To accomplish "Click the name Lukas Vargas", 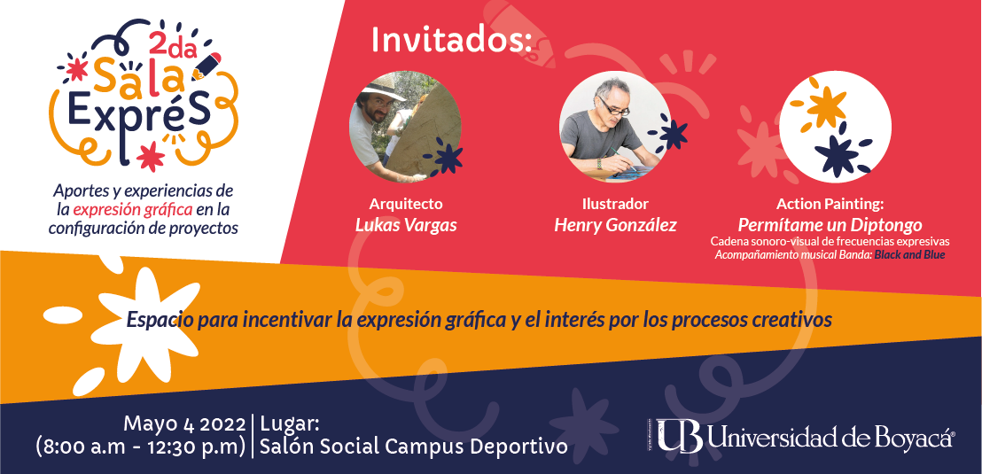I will [x=406, y=225].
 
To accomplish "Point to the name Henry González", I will [x=615, y=225].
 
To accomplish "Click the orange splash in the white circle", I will [x=825, y=107].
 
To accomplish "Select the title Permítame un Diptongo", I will [x=830, y=225].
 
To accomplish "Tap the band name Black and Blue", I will [x=909, y=255].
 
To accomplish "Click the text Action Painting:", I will [x=830, y=204].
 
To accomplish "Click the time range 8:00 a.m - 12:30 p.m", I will [x=141, y=447].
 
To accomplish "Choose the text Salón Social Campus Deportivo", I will [x=413, y=447].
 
